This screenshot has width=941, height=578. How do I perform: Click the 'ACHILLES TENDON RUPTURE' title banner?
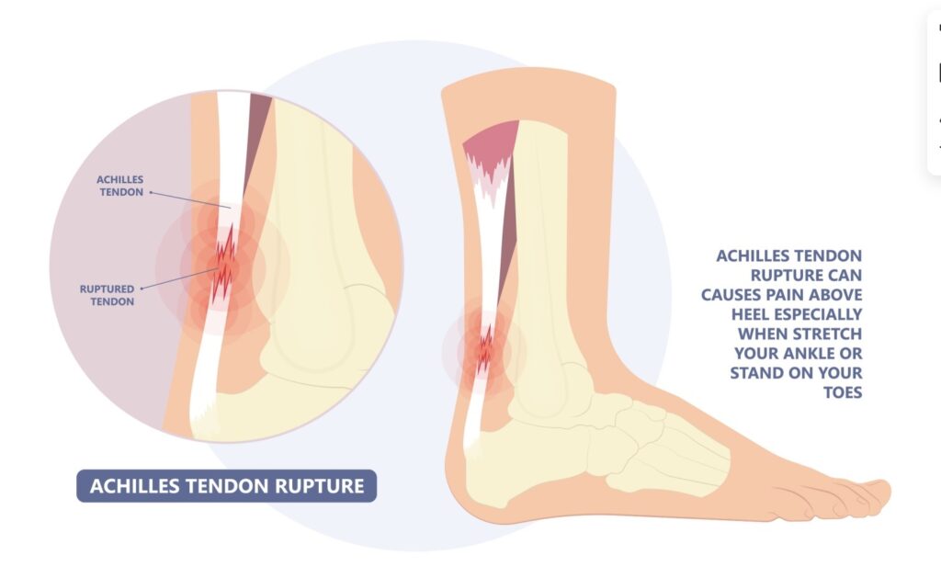[x=226, y=485]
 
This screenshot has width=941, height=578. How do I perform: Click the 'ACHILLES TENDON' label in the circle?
[x=120, y=186]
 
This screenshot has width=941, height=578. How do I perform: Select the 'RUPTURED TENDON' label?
[x=107, y=294]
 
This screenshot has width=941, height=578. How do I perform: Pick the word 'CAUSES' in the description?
[x=736, y=294]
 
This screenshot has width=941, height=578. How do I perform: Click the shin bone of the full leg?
[x=546, y=239]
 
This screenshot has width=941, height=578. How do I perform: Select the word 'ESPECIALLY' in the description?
[x=818, y=313]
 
